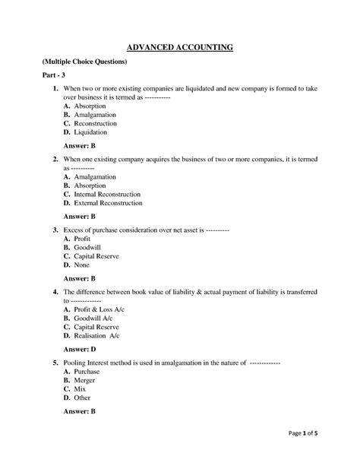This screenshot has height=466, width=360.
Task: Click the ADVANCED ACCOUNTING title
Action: pyautogui.click(x=179, y=49)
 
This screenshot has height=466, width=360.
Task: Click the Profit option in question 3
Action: pyautogui.click(x=81, y=239)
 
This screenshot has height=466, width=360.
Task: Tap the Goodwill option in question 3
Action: pyautogui.click(x=87, y=248)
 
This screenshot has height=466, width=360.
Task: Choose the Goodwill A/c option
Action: pyautogui.click(x=93, y=319)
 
